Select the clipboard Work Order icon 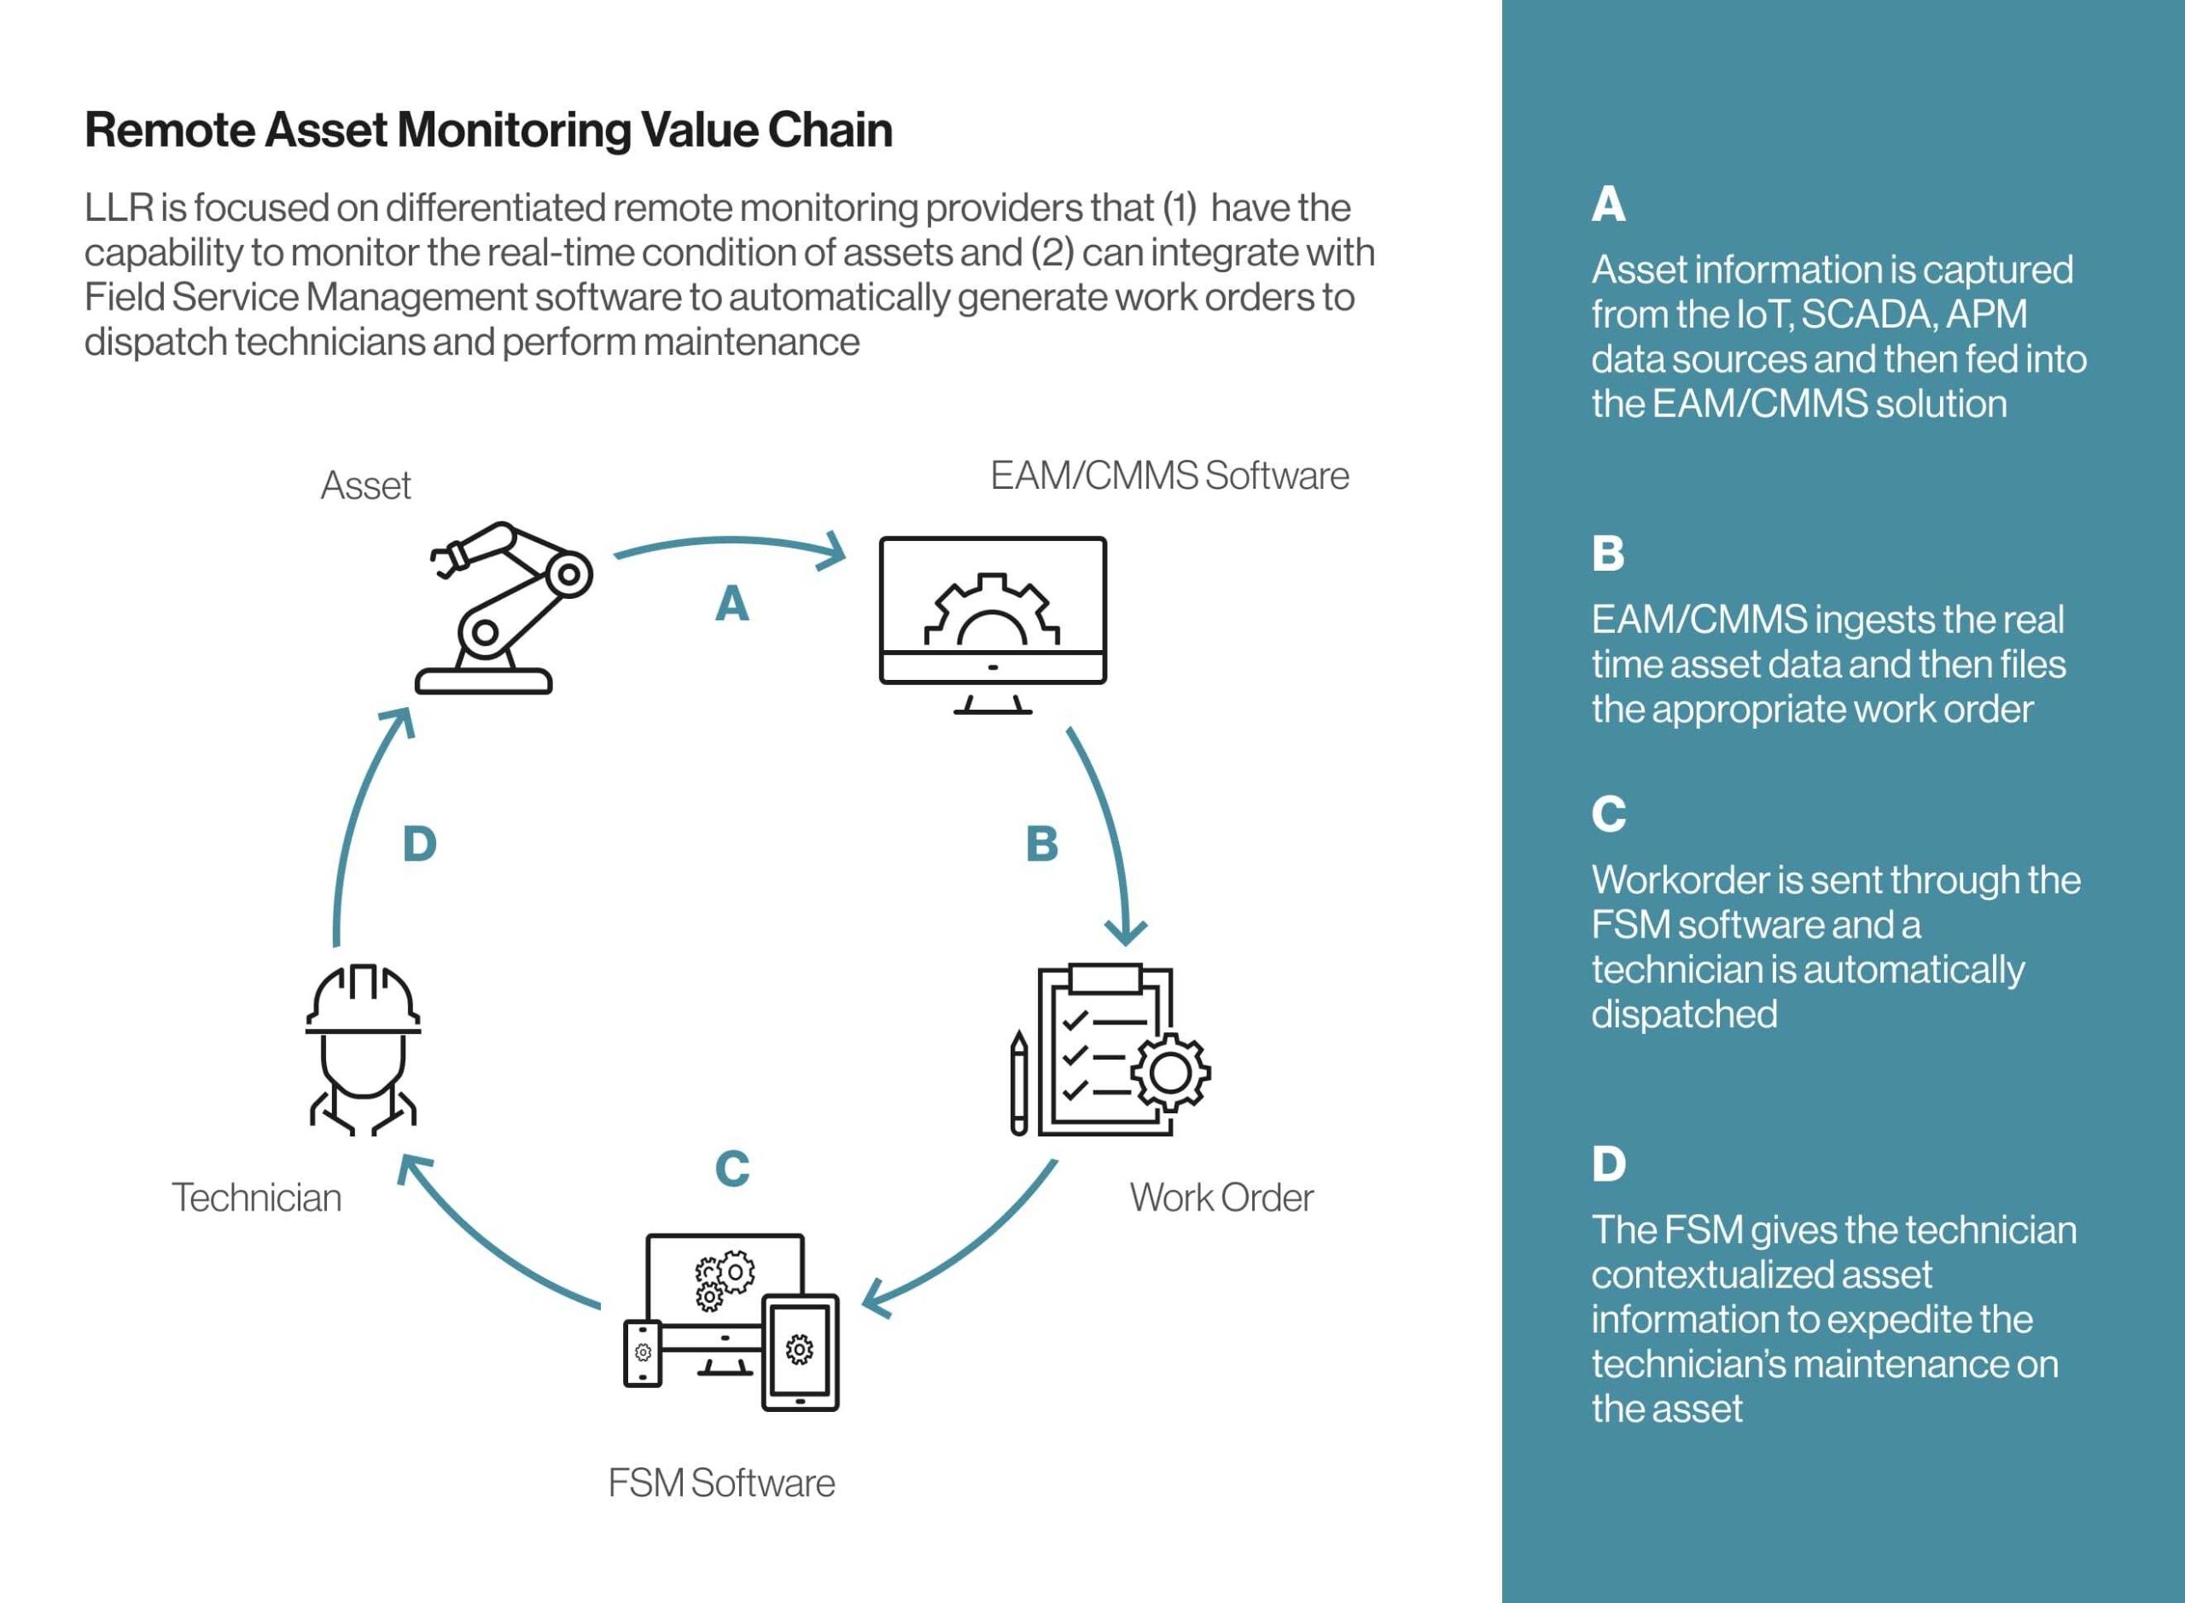pyautogui.click(x=1105, y=1050)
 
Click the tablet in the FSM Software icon pyautogui.click(x=800, y=1351)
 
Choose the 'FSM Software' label pyautogui.click(x=721, y=1484)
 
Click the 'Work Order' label pyautogui.click(x=1221, y=1198)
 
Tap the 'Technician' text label pyautogui.click(x=256, y=1198)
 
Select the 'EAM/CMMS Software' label pyautogui.click(x=1169, y=475)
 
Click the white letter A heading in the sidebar pyautogui.click(x=1607, y=204)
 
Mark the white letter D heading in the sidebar pyautogui.click(x=1608, y=1164)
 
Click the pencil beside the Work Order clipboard pyautogui.click(x=1018, y=1082)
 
